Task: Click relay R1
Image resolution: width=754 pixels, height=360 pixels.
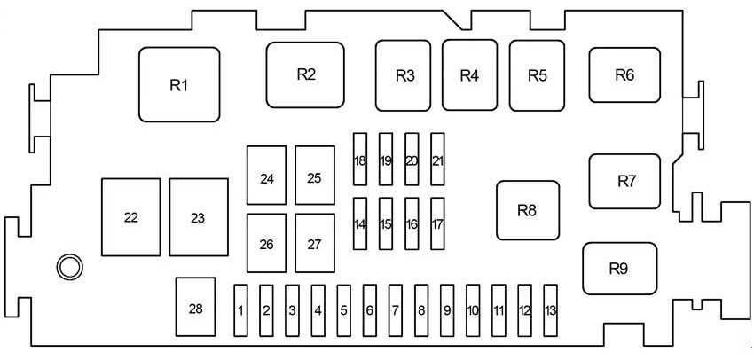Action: tap(179, 85)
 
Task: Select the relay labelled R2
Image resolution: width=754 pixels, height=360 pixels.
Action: tap(306, 75)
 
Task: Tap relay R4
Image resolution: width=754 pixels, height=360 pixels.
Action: tap(470, 75)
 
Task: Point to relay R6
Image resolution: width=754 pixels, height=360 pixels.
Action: tap(624, 75)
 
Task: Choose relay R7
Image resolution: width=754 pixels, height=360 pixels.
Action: tap(625, 181)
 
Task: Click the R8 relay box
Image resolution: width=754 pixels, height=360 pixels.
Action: tap(527, 210)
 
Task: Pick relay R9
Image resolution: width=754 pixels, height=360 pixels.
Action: tap(619, 268)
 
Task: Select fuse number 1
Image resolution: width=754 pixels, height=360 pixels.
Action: tap(240, 310)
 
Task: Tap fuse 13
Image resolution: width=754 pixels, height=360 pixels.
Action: tap(551, 310)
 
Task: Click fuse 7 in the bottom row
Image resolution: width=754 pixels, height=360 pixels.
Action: tap(396, 310)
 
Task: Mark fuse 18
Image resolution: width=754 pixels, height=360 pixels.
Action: tap(359, 160)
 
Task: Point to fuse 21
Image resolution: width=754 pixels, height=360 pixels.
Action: tap(437, 160)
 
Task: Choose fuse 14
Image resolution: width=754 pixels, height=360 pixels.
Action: tap(359, 223)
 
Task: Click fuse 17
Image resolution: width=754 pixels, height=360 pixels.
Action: tap(437, 223)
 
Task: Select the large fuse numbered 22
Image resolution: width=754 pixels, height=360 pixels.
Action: tap(131, 217)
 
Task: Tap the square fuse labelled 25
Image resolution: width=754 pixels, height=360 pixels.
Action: tap(314, 177)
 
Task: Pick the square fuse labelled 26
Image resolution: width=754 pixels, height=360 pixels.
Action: tap(266, 244)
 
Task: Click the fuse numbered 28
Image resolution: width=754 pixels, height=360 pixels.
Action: tap(195, 308)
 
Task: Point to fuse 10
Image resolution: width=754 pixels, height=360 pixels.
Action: tap(474, 310)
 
